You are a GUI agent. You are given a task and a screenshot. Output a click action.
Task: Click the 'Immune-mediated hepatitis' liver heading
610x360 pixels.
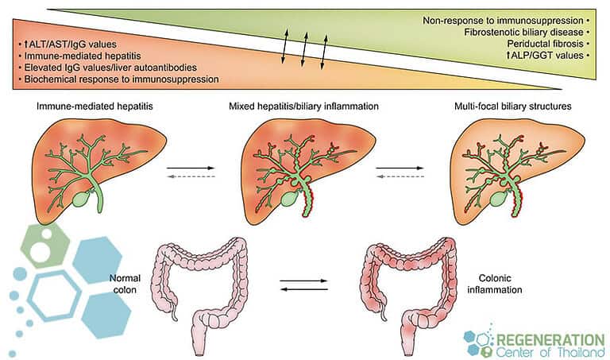(89, 106)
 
